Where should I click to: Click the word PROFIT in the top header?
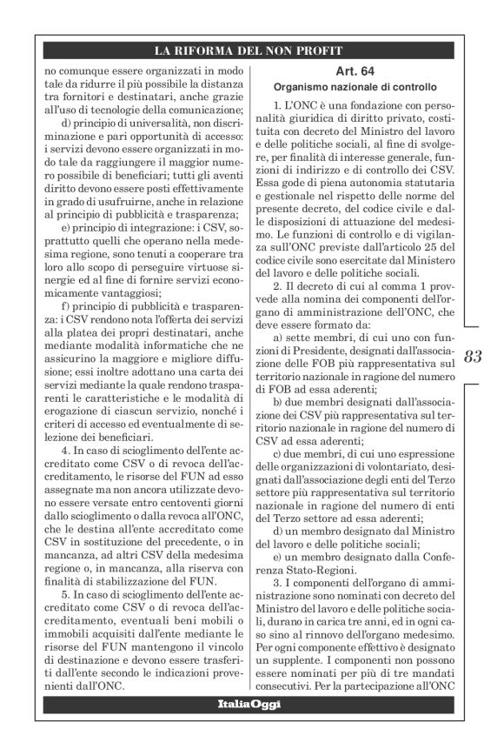318,49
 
